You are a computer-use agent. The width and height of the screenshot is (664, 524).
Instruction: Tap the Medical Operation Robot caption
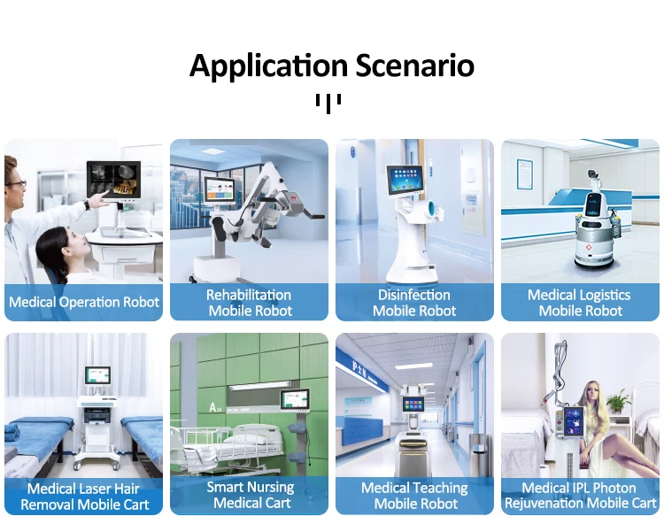pos(84,302)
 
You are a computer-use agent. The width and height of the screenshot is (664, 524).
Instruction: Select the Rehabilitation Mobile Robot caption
pos(249,303)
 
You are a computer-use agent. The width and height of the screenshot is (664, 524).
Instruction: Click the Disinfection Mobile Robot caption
pos(414,303)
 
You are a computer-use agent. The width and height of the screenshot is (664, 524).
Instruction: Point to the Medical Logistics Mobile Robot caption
pos(580,303)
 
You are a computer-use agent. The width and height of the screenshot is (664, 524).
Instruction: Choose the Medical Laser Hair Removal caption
pos(84,496)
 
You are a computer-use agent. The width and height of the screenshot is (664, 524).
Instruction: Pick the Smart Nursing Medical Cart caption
pos(249,495)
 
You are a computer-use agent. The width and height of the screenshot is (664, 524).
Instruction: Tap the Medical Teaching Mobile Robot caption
pos(414,496)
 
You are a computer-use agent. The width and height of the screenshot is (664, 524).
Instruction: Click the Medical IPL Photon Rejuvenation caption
pos(580,496)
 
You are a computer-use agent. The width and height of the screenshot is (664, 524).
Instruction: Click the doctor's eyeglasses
pos(16,183)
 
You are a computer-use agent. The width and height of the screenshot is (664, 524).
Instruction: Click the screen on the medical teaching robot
pos(413,405)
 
